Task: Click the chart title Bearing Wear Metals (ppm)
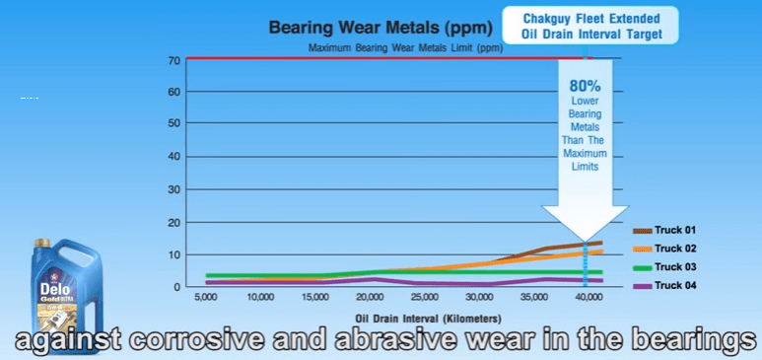click(x=381, y=28)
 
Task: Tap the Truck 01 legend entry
click(x=664, y=231)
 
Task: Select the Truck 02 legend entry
click(x=664, y=249)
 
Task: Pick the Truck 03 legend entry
click(x=664, y=267)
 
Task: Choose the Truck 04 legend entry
click(x=664, y=286)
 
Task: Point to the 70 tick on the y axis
click(x=175, y=61)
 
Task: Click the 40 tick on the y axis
click(x=175, y=157)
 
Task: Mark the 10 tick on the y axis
click(x=175, y=254)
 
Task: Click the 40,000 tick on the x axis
click(x=586, y=297)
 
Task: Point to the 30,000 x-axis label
click(x=479, y=297)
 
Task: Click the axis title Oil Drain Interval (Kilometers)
click(x=428, y=320)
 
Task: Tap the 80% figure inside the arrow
click(x=586, y=87)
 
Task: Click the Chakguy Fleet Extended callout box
click(x=590, y=26)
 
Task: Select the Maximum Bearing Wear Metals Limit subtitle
click(x=406, y=48)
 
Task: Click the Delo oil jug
click(x=67, y=291)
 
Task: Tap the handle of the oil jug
click(x=81, y=258)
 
